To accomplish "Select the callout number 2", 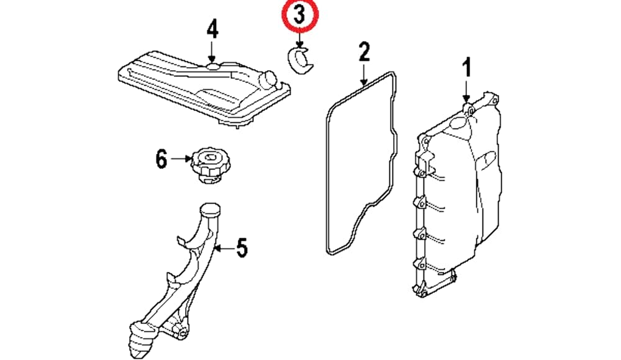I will tap(364, 52).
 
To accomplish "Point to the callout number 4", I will tap(212, 30).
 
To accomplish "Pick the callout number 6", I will tap(160, 160).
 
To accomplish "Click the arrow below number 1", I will tap(466, 91).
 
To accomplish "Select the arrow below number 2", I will tap(364, 73).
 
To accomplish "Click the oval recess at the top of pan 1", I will tap(456, 124).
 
